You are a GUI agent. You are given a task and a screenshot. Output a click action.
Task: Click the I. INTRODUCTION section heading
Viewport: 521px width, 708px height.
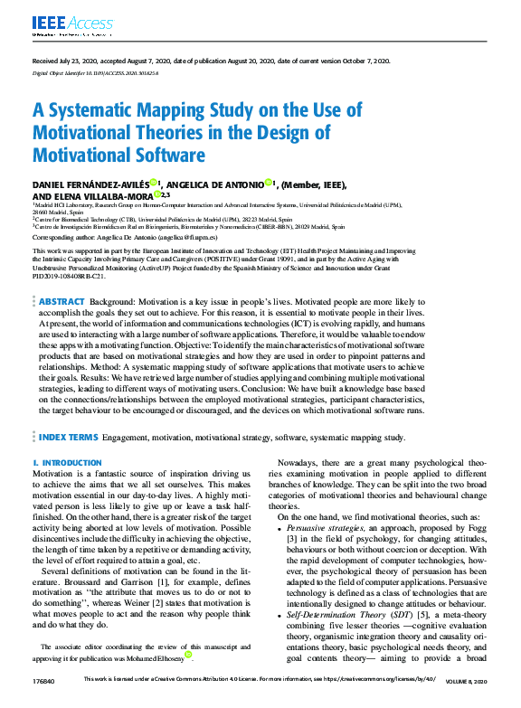pyautogui.click(x=67, y=463)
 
